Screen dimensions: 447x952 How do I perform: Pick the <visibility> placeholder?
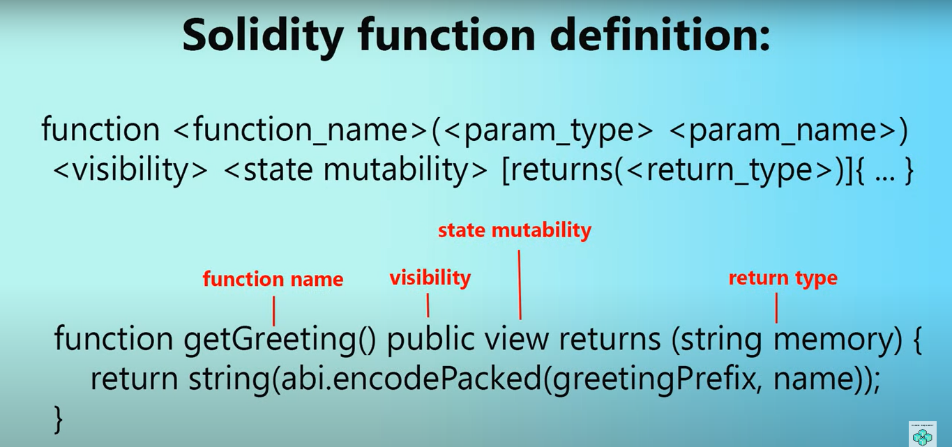130,171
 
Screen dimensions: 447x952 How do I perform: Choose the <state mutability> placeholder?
356,171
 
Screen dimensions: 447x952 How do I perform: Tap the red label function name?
273,280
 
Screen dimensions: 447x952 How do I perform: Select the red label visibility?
430,278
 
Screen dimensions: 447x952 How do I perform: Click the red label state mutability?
514,230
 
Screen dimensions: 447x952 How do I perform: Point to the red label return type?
783,278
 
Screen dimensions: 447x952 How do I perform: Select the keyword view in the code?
515,340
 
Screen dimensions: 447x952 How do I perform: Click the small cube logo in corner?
923,434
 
